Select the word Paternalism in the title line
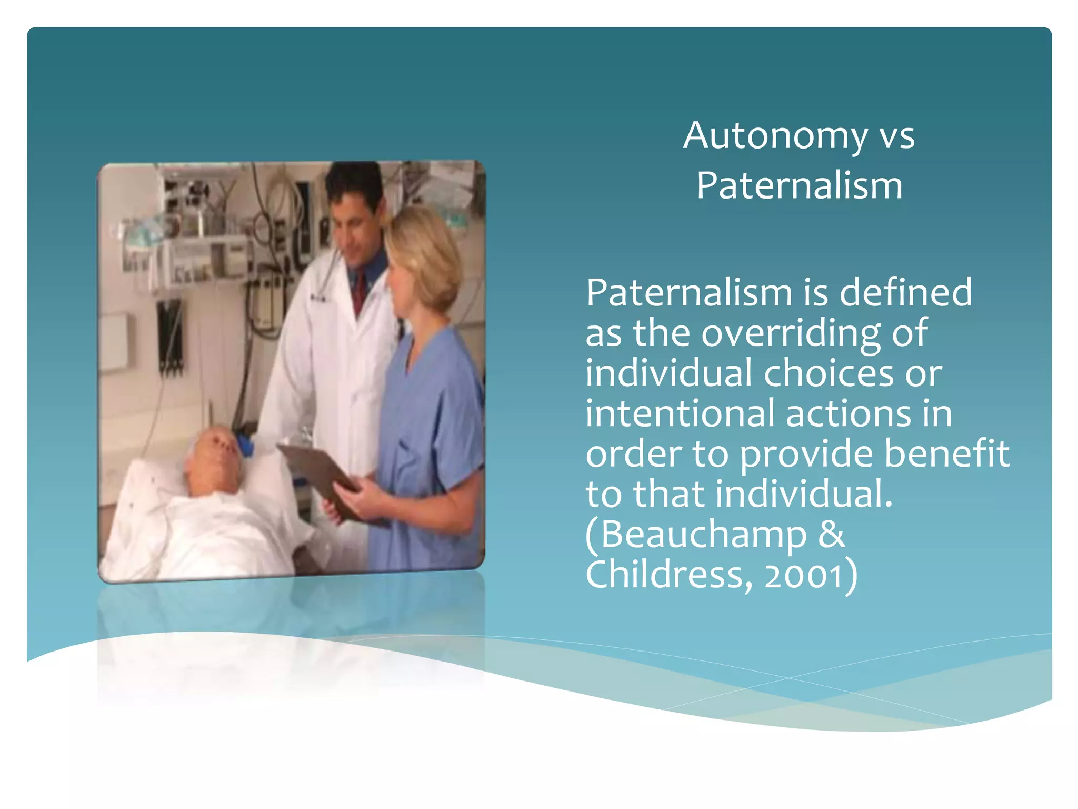pos(799,186)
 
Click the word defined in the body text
pos(905,292)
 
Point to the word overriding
pos(791,334)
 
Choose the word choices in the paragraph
pos(829,373)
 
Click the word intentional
pos(680,413)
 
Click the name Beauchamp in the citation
pos(703,535)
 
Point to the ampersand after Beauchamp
pos(832,535)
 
